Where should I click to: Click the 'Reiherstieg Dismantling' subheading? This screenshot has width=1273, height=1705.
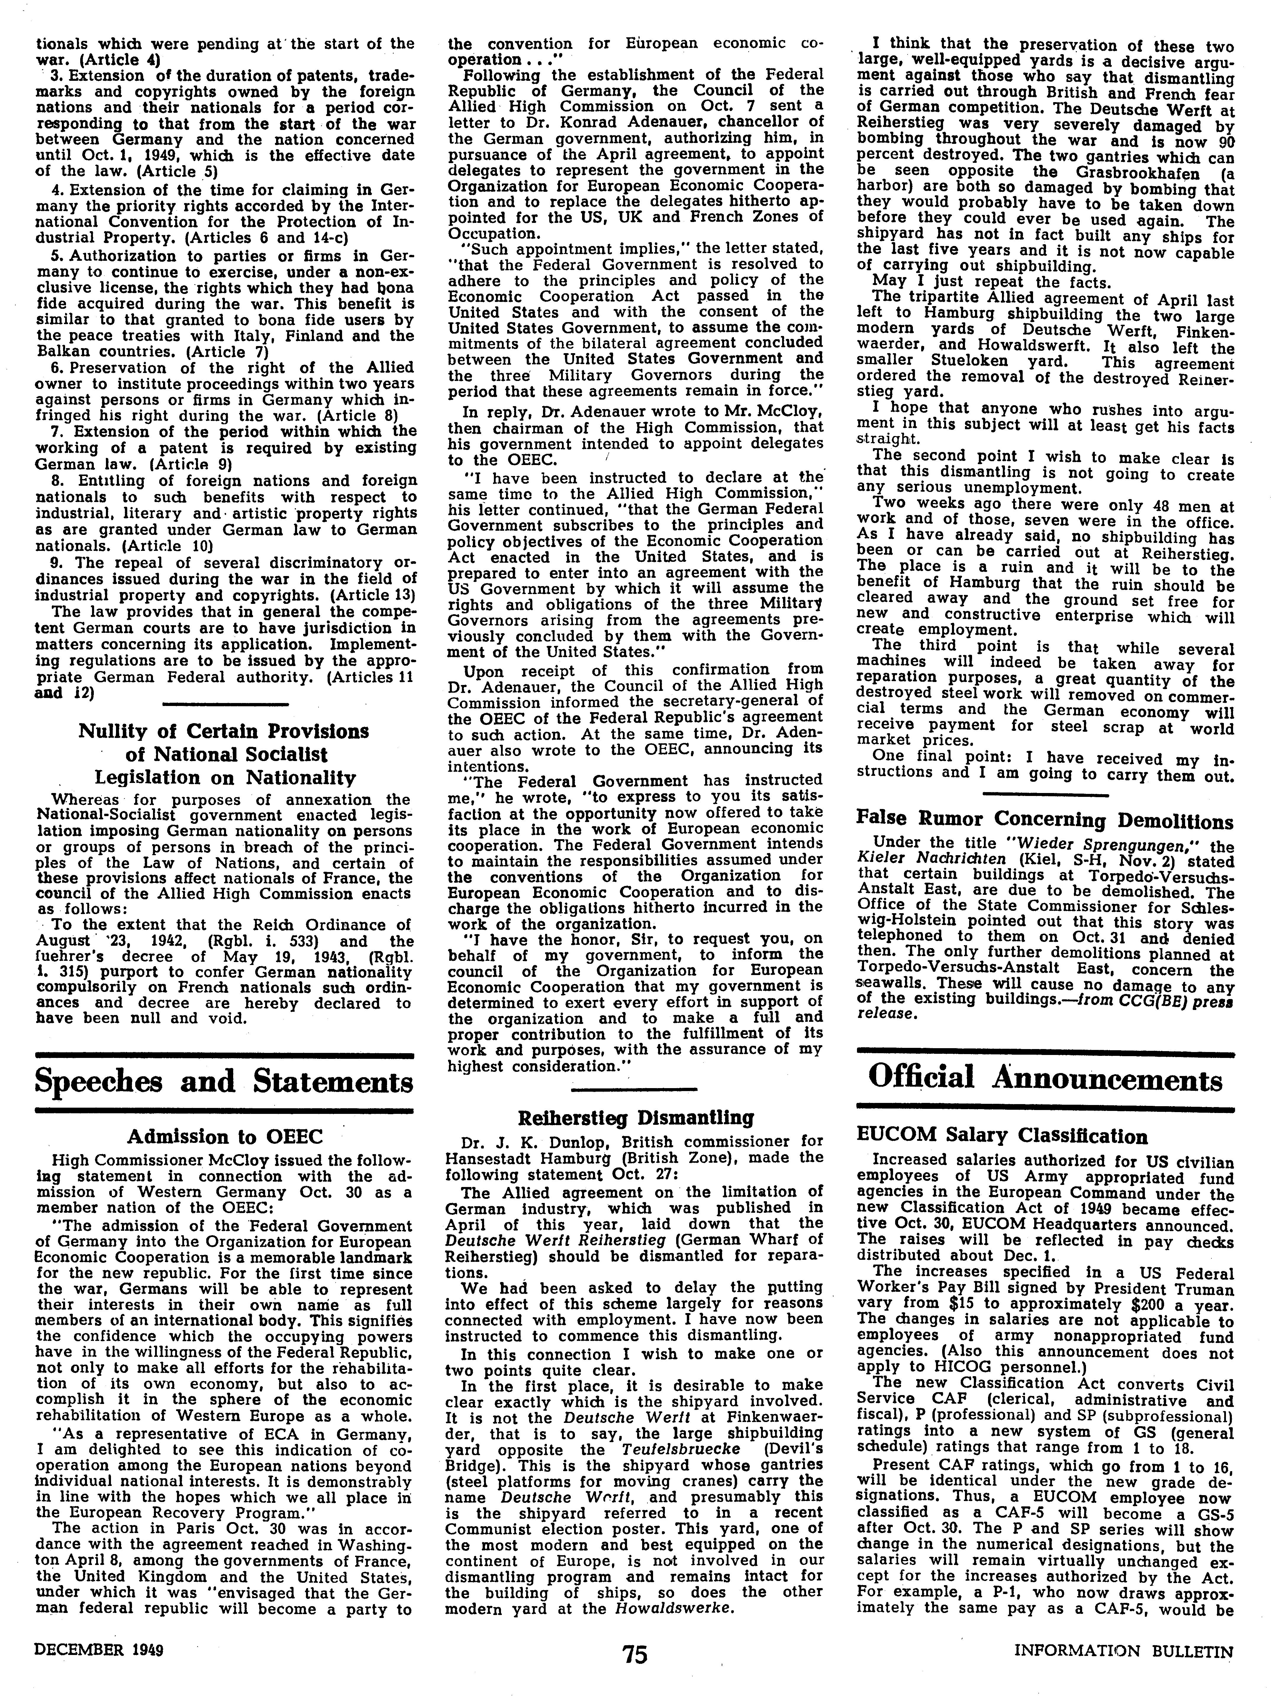[x=635, y=1117]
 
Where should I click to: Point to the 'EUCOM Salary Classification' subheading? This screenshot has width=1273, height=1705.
[x=1002, y=1136]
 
